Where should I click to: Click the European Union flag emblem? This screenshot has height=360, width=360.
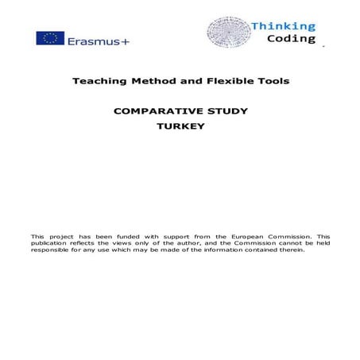click(x=50, y=39)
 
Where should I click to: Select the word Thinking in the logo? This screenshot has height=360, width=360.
click(x=283, y=26)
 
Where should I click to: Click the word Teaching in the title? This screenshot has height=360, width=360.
click(x=99, y=81)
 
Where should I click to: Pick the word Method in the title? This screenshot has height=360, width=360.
click(x=152, y=81)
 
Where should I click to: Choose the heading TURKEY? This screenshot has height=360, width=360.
click(x=181, y=126)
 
